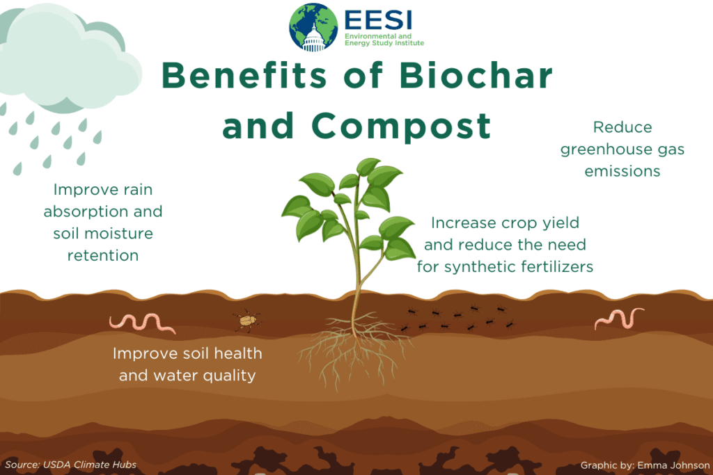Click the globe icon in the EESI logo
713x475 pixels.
click(313, 27)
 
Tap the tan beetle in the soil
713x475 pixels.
click(246, 320)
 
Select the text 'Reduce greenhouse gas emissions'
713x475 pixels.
click(622, 149)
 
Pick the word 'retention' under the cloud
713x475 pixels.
click(103, 255)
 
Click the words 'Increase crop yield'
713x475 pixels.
click(505, 223)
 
